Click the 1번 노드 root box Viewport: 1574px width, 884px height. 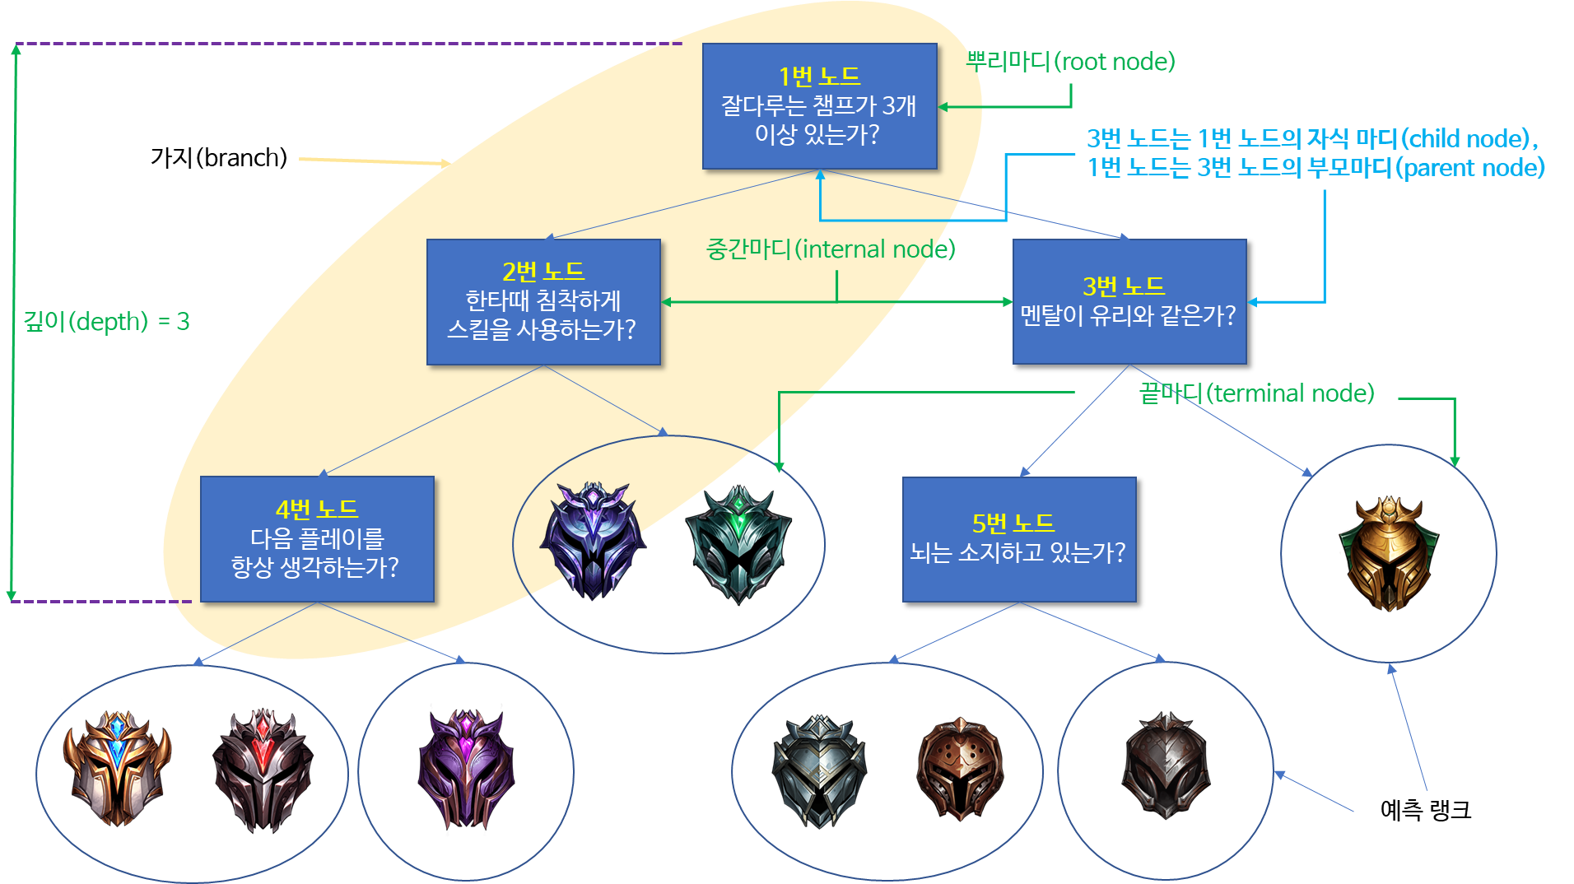(819, 106)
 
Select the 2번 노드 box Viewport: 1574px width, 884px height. (543, 301)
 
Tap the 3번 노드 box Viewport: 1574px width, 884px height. (1129, 301)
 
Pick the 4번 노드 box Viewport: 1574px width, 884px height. (317, 538)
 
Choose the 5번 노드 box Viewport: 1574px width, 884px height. (1018, 539)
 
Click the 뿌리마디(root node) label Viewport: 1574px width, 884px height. (1070, 62)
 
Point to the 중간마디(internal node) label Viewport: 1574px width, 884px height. (830, 249)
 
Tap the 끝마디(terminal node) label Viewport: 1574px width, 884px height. (1256, 393)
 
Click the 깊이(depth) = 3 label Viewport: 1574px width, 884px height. (106, 321)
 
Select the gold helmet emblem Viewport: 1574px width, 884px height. (1390, 552)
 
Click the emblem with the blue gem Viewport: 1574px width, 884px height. (118, 767)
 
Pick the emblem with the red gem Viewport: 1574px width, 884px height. (263, 769)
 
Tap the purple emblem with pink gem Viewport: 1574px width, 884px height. (466, 767)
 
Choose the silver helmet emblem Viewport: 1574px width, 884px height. (819, 770)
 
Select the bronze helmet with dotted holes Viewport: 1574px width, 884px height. (960, 769)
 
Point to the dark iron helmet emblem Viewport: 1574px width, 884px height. (1166, 765)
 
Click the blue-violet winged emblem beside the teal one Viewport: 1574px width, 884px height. (592, 540)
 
